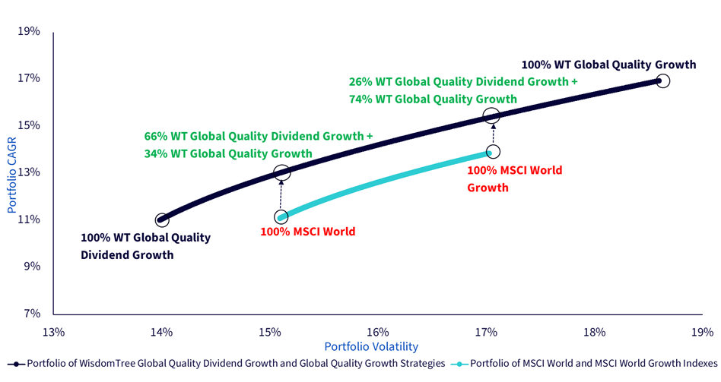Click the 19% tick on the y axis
coord(29,31)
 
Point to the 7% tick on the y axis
coord(31,314)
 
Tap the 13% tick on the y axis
coord(29,172)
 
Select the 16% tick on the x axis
coord(378,331)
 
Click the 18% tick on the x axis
coord(594,331)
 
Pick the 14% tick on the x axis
coord(161,331)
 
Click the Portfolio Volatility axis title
coord(372,346)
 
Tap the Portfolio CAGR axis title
coord(11,175)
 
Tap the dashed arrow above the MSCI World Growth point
coord(493,134)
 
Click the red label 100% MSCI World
coord(307,232)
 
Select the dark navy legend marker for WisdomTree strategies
coord(17,364)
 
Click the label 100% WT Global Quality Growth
coord(608,65)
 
